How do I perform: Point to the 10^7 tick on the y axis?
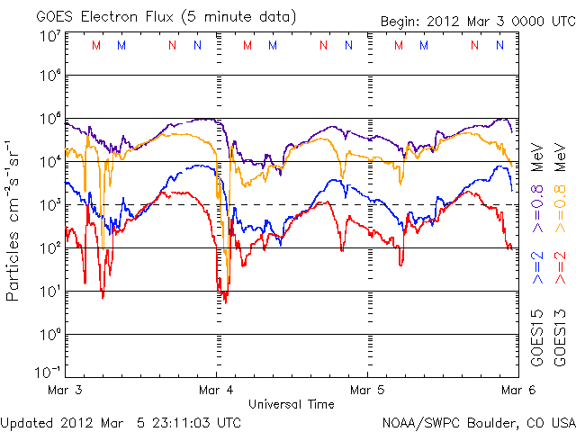[x=49, y=35]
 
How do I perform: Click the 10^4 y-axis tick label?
[x=49, y=162]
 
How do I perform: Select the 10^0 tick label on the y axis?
[x=49, y=335]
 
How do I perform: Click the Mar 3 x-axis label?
[x=66, y=391]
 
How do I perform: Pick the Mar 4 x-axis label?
[x=216, y=391]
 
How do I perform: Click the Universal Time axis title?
[x=291, y=404]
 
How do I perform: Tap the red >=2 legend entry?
[x=560, y=267]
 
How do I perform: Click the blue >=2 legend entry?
[x=537, y=267]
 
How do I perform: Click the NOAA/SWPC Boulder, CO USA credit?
[x=477, y=421]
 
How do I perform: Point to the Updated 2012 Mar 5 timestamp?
[x=121, y=421]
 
